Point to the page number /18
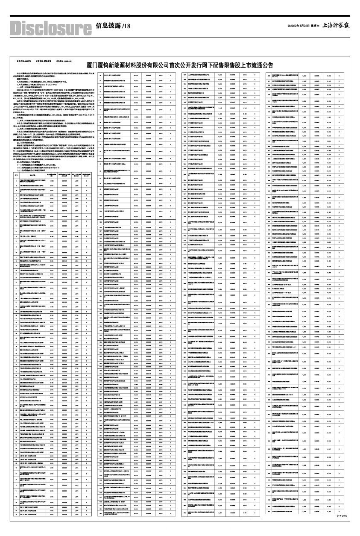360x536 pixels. click(x=125, y=27)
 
